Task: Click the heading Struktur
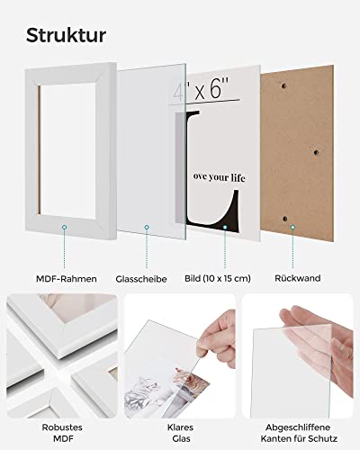pyautogui.click(x=66, y=35)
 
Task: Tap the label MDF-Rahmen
pyautogui.click(x=67, y=279)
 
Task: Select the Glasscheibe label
pyautogui.click(x=141, y=279)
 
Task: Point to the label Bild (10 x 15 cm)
pyautogui.click(x=218, y=278)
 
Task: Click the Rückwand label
pyautogui.click(x=298, y=278)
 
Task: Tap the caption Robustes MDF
pyautogui.click(x=62, y=433)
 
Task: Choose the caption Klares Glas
pyautogui.click(x=180, y=433)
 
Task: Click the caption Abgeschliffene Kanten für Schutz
pyautogui.click(x=299, y=433)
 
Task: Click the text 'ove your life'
pyautogui.click(x=219, y=177)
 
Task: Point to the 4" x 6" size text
pyautogui.click(x=202, y=89)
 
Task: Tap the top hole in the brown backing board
pyautogui.click(x=283, y=86)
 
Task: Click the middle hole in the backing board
pyautogui.click(x=316, y=152)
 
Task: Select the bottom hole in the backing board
pyautogui.click(x=285, y=219)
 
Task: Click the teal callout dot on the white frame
pyautogui.click(x=64, y=228)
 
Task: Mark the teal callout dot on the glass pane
pyautogui.click(x=147, y=228)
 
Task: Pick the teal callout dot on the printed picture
pyautogui.click(x=225, y=228)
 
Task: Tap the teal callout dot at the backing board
pyautogui.click(x=292, y=228)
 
